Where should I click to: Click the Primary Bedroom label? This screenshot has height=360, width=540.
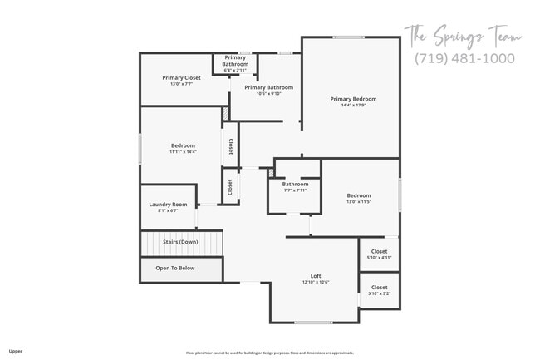point(352,99)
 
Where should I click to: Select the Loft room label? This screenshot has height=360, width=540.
point(316,276)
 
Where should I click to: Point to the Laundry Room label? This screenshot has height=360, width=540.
point(168,205)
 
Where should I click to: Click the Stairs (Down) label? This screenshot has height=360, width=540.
point(180,242)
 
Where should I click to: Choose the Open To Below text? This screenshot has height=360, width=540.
point(175,268)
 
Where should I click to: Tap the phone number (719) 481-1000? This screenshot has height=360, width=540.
point(464,58)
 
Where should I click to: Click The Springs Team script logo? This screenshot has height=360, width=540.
point(462,35)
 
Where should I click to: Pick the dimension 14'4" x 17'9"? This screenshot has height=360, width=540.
point(352,106)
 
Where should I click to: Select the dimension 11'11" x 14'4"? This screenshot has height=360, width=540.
point(183,152)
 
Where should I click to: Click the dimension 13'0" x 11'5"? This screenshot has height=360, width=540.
point(359,202)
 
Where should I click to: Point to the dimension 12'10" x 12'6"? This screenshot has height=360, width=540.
point(316,283)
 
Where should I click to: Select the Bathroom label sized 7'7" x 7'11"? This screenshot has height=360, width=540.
point(295,184)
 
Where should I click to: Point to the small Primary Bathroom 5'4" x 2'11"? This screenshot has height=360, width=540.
point(235,64)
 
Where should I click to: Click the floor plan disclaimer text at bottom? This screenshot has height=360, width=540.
point(270,353)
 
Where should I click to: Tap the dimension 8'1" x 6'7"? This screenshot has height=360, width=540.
point(168,211)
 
